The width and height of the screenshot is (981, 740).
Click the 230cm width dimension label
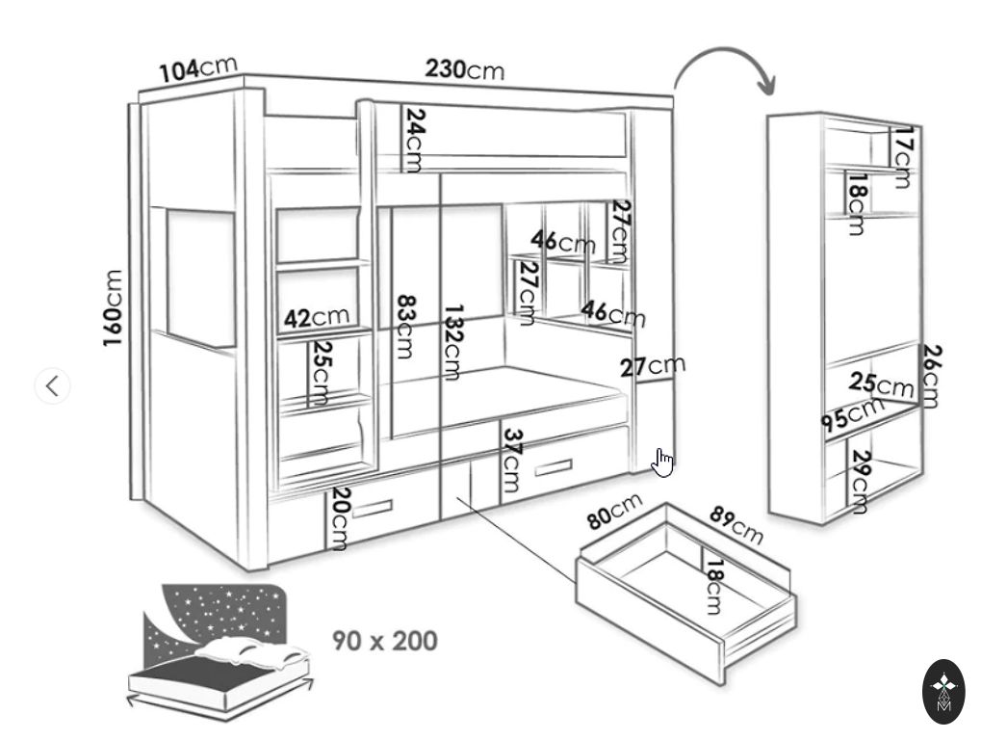click(464, 69)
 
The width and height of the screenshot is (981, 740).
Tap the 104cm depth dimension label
click(197, 69)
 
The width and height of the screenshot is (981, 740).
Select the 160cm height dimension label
click(114, 307)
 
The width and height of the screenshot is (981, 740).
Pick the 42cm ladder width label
click(317, 317)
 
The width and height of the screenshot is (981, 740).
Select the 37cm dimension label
click(511, 461)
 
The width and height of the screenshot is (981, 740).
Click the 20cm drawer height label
click(339, 518)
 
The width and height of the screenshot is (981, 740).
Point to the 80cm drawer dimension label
click(614, 511)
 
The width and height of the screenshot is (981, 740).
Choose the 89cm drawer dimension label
click(736, 525)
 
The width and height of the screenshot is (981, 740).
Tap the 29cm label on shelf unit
click(860, 482)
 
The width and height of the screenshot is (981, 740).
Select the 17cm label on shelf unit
click(902, 156)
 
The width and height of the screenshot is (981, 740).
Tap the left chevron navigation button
click(53, 385)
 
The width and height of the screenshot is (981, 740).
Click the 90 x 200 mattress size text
click(385, 641)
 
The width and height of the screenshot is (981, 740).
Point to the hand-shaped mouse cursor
click(662, 462)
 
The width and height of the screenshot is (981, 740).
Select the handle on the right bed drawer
click(553, 468)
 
